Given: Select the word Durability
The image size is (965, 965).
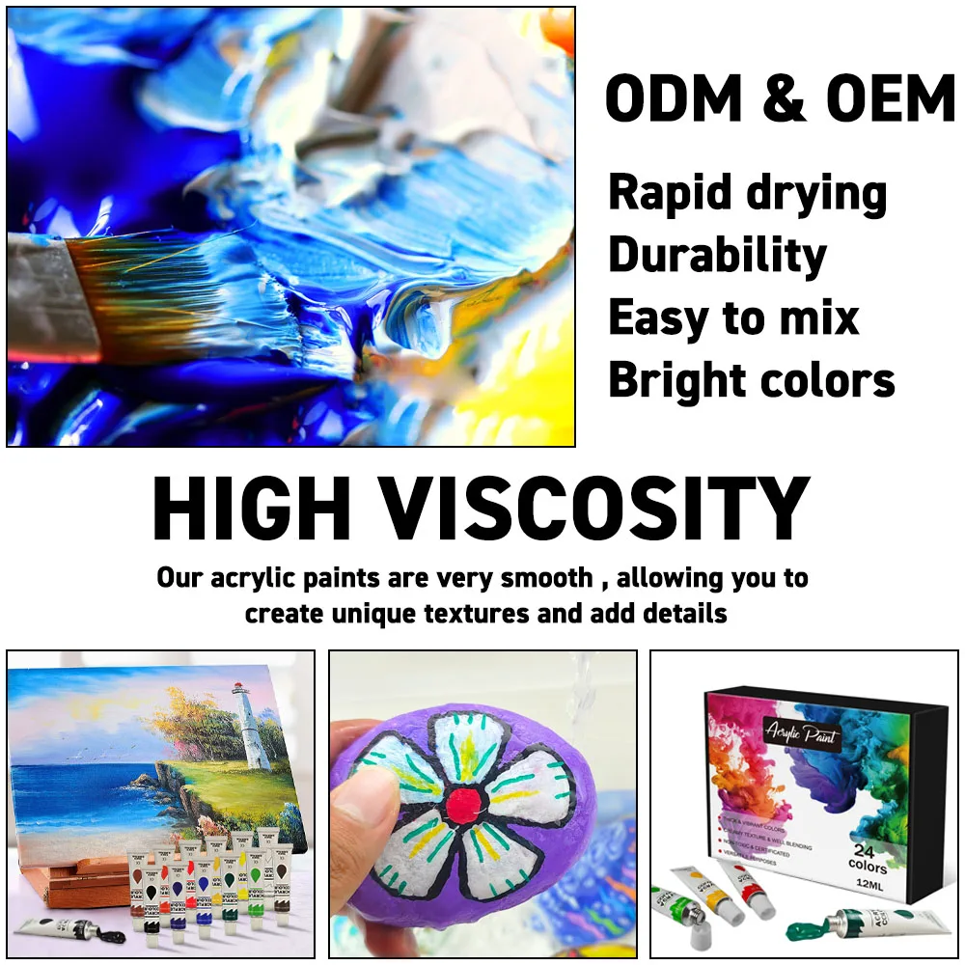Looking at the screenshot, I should tap(717, 256).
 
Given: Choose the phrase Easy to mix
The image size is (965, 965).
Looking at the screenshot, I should tap(733, 318).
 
